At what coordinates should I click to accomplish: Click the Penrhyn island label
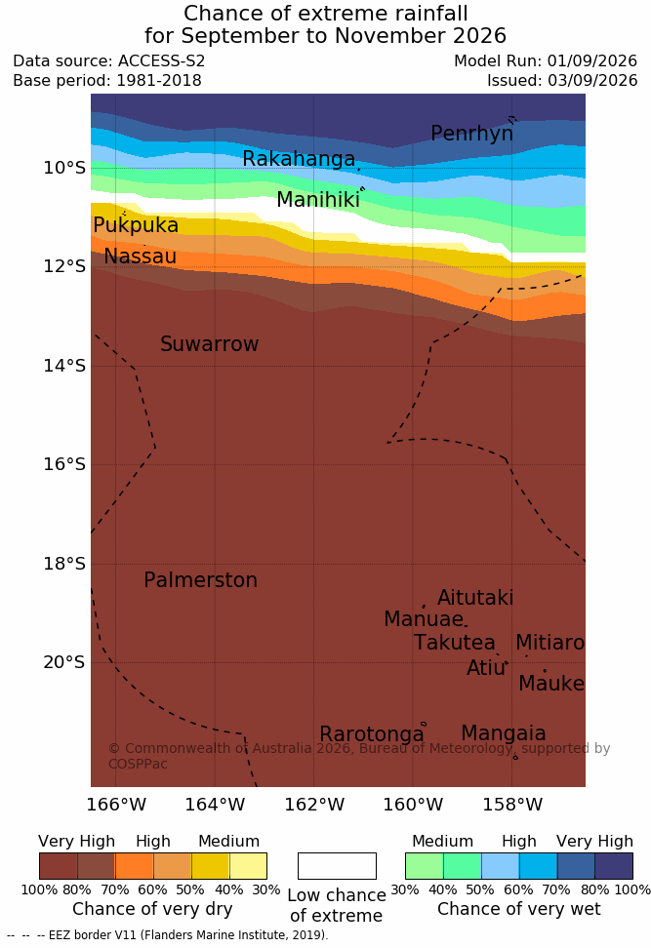pos(472,134)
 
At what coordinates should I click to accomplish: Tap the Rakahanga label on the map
pos(299,158)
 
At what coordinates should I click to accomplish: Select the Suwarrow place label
pos(209,344)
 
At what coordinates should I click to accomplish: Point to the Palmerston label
pos(201,580)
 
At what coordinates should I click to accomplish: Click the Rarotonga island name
pos(372,734)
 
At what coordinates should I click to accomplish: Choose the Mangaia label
pos(504,733)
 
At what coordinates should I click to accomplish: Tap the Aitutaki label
pos(475,598)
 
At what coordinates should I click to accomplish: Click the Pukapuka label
pos(136,225)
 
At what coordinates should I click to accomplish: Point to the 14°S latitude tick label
pos(64,366)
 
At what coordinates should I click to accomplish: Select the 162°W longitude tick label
pos(314,805)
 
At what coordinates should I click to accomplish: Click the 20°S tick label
pos(64,662)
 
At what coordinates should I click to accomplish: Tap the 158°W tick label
pos(512,805)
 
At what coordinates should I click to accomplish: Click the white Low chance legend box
pos(337,866)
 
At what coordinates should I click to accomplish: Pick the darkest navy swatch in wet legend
pos(614,866)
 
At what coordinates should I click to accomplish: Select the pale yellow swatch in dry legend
pos(248,866)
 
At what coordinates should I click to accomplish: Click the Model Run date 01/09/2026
pos(592,61)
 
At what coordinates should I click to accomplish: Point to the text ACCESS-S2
pos(162,61)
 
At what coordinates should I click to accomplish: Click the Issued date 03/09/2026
pos(592,80)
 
